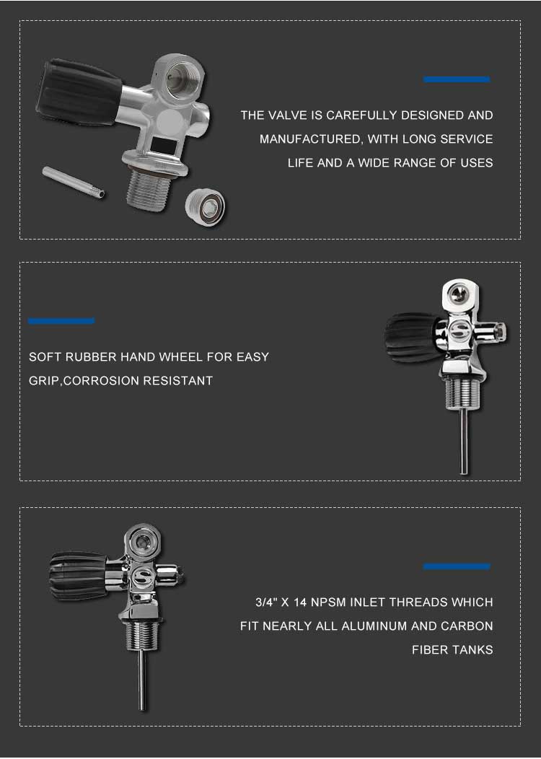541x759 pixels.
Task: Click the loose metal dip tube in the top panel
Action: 74,182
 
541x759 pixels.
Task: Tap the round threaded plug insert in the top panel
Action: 205,208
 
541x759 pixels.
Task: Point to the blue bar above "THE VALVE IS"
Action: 457,79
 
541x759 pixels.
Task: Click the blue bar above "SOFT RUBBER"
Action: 61,320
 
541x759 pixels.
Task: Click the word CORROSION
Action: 101,380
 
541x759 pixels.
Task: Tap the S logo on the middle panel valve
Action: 459,330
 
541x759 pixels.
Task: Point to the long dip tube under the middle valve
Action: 464,441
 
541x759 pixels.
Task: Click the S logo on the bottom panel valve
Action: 143,576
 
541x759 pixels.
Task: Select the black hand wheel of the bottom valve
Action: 78,576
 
